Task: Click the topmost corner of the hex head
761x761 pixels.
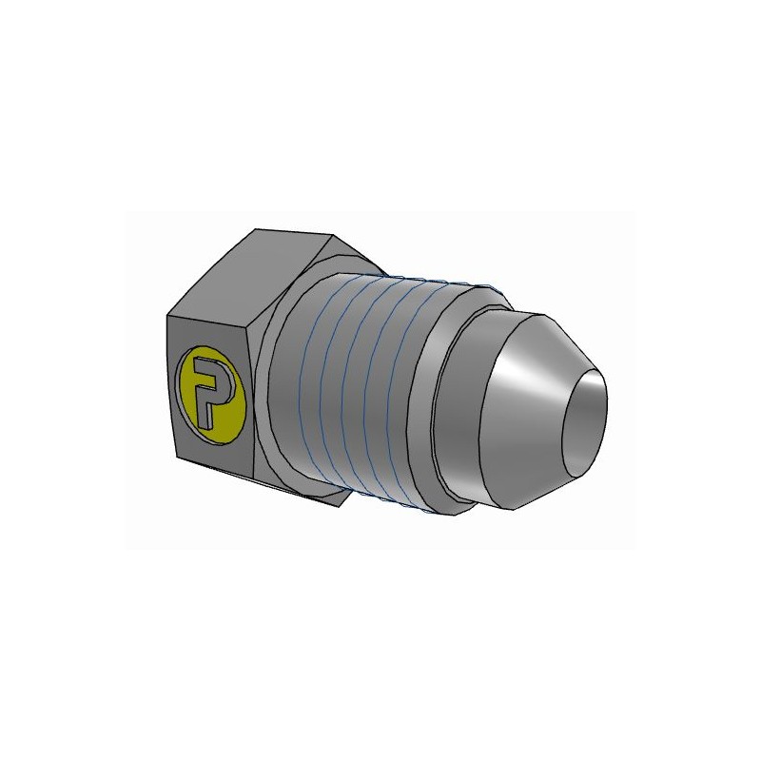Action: (257, 229)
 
